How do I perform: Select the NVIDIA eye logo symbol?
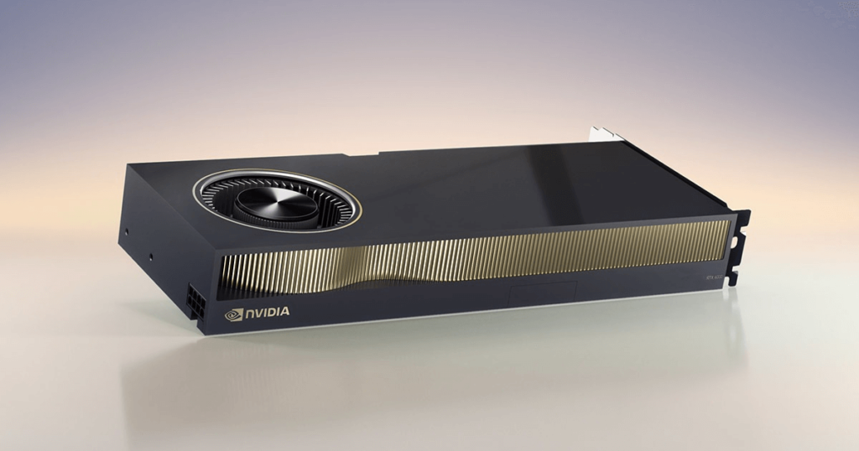click(x=233, y=314)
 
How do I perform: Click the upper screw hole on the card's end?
click(x=126, y=228)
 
